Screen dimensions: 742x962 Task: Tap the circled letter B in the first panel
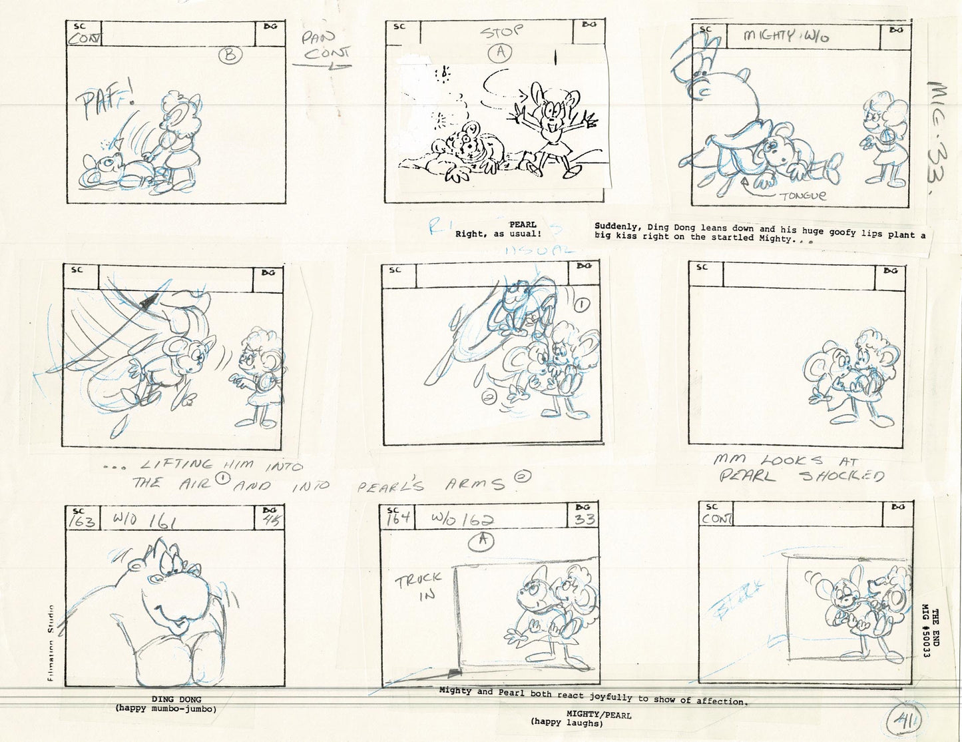pyautogui.click(x=230, y=57)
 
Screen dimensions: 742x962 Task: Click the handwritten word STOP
pyautogui.click(x=503, y=31)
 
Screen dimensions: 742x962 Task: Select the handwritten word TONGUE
pyautogui.click(x=803, y=195)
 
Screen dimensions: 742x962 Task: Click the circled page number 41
pyautogui.click(x=905, y=721)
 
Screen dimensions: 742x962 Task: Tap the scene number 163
pyautogui.click(x=81, y=520)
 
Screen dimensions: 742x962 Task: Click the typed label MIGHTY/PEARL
pyautogui.click(x=566, y=715)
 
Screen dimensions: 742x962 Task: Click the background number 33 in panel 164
pyautogui.click(x=586, y=520)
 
